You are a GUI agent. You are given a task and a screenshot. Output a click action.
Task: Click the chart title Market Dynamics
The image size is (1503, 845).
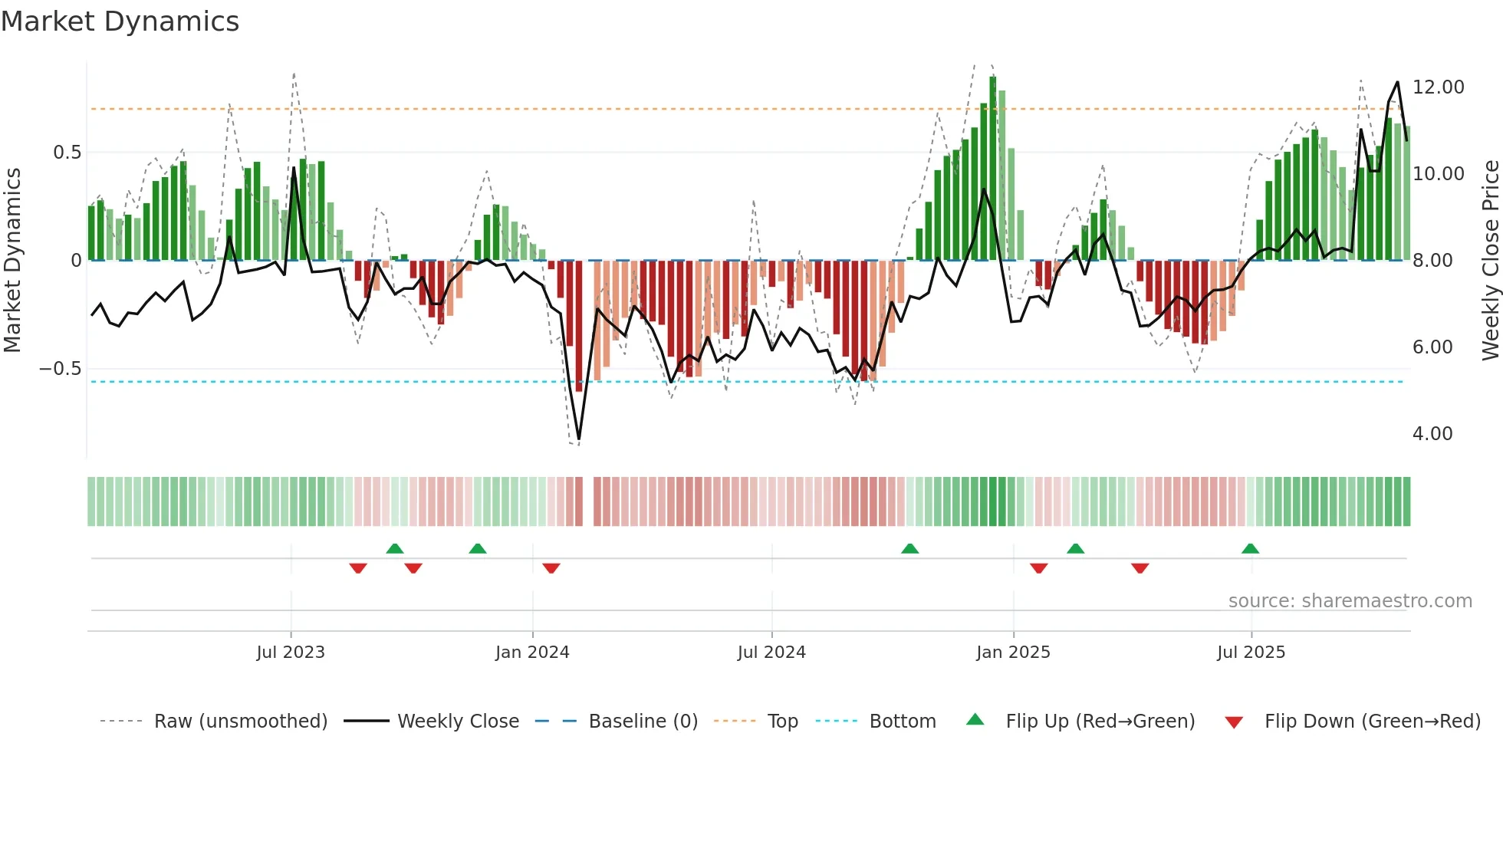120,21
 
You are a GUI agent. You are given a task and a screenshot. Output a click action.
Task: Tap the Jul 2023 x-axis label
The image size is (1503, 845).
291,653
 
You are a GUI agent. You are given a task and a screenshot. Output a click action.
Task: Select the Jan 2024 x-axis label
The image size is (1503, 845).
532,653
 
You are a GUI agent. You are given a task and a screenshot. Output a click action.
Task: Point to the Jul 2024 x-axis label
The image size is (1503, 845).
771,653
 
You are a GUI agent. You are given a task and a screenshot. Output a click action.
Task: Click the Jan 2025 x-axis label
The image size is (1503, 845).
1013,653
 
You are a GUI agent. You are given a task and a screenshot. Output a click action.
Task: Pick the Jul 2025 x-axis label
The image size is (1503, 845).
1251,653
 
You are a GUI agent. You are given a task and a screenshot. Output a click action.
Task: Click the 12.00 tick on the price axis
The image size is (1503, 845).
1438,87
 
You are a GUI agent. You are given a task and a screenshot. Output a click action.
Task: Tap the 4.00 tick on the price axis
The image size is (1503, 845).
1432,434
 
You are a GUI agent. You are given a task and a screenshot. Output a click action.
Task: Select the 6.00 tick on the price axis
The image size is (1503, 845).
1432,347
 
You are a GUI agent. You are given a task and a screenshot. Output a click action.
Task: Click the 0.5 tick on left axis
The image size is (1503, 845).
67,153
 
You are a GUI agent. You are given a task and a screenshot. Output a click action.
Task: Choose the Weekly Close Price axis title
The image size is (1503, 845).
1490,260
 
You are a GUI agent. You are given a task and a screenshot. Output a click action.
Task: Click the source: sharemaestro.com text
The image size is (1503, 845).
1350,601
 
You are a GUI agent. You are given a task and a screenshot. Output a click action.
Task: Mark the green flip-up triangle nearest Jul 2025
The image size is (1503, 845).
1250,548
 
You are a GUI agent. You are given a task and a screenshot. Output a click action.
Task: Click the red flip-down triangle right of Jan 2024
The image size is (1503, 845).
551,568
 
